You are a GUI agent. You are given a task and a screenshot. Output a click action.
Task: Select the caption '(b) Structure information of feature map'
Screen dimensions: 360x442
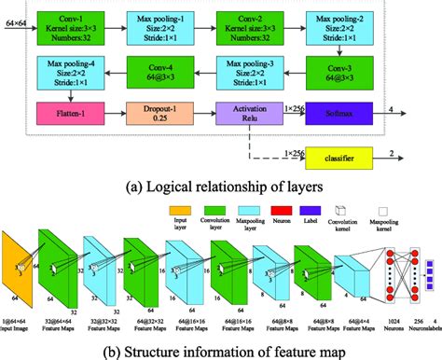tap(221, 349)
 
